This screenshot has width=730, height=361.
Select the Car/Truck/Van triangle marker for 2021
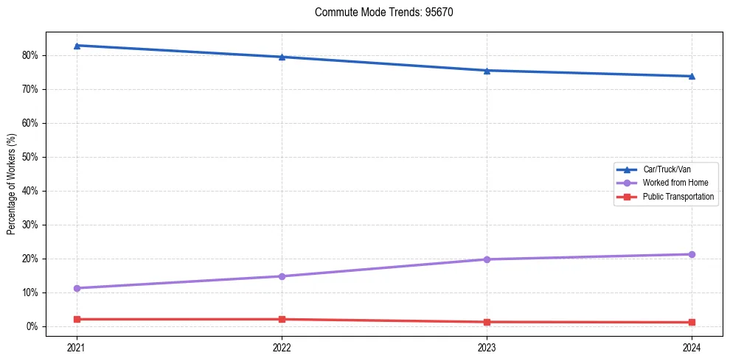pyautogui.click(x=77, y=46)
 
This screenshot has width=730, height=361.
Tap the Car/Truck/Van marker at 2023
pyautogui.click(x=487, y=71)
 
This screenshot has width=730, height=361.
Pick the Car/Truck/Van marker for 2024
pyautogui.click(x=692, y=76)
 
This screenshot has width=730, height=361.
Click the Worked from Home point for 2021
pyautogui.click(x=77, y=288)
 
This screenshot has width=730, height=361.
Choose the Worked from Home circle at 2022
pyautogui.click(x=282, y=276)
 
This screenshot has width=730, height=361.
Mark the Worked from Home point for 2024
pyautogui.click(x=692, y=254)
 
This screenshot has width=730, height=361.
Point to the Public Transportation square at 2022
pyautogui.click(x=282, y=319)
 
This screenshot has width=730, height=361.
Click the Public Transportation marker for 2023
pyautogui.click(x=487, y=322)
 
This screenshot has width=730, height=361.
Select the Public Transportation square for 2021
pyautogui.click(x=77, y=319)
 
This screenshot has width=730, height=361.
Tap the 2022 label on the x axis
pyautogui.click(x=282, y=347)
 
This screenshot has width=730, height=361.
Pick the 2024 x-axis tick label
pyautogui.click(x=692, y=347)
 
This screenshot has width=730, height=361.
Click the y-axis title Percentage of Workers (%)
pyautogui.click(x=11, y=184)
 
